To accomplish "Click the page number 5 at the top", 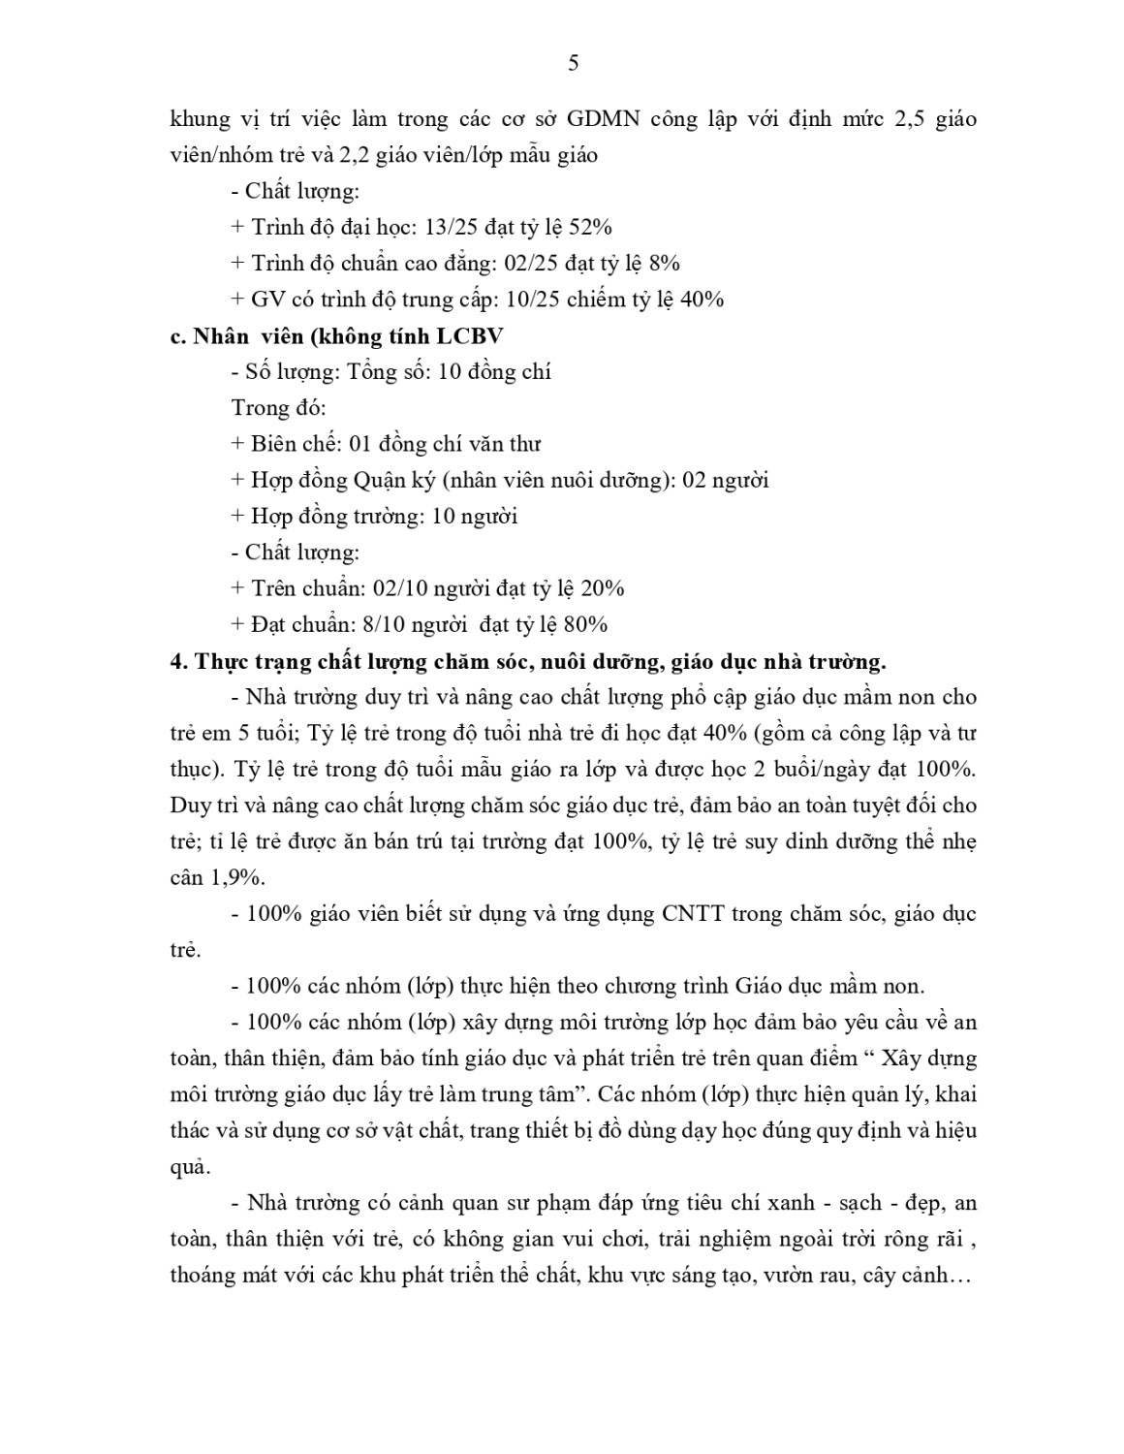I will [x=573, y=63].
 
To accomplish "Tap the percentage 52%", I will [x=590, y=227].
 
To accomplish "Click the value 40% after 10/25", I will [x=702, y=299].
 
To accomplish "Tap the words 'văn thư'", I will [x=504, y=444].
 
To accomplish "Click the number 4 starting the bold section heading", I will [x=175, y=662].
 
